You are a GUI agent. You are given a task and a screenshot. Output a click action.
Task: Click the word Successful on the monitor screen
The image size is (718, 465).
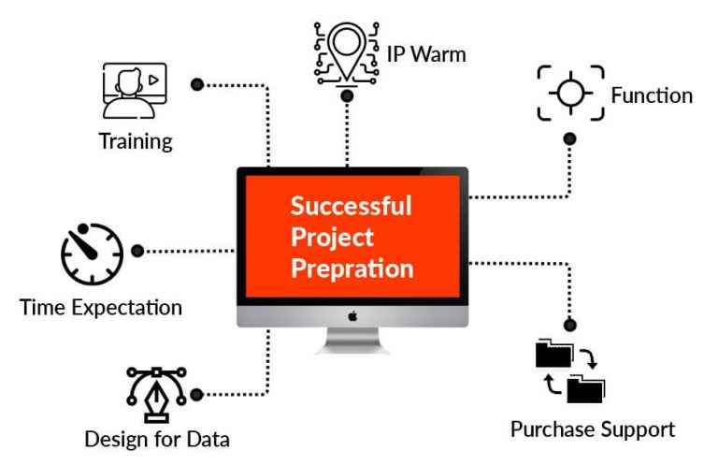coord(352,206)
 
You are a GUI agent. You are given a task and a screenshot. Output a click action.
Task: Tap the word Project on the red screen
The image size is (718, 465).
coord(333,238)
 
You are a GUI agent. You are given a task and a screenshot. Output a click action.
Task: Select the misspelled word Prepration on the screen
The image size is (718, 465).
coord(352,269)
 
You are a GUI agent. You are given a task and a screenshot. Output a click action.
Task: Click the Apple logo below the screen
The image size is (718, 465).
coord(352,316)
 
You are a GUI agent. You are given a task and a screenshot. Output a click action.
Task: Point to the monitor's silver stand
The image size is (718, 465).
coord(352,341)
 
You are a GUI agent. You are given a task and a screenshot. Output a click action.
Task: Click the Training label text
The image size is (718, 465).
coord(136,141)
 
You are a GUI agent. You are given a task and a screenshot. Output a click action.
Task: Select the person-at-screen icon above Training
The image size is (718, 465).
coord(135,90)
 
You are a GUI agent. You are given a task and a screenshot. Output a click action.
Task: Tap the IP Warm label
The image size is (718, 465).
coord(426,54)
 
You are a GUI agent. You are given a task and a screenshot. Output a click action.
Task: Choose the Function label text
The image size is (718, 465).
coord(652,95)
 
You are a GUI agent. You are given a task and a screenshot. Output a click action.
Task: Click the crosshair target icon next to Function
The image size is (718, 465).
coord(570,93)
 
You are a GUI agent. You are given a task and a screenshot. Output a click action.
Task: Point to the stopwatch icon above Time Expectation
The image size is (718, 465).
coord(92,254)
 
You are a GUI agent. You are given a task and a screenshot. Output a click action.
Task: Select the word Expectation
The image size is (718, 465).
coord(127,308)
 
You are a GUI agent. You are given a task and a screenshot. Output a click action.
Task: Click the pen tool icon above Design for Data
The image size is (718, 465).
coord(156,394)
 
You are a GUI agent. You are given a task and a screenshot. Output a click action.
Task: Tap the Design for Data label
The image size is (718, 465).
coord(157,439)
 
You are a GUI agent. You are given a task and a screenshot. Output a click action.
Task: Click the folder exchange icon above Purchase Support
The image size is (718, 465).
coord(570,371)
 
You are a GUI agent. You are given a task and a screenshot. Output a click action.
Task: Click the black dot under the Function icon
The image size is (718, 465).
coord(569,138)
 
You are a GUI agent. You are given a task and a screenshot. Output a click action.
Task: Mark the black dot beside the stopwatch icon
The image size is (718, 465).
coord(137,251)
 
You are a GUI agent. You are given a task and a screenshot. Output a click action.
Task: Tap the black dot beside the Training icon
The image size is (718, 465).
coord(197,85)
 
